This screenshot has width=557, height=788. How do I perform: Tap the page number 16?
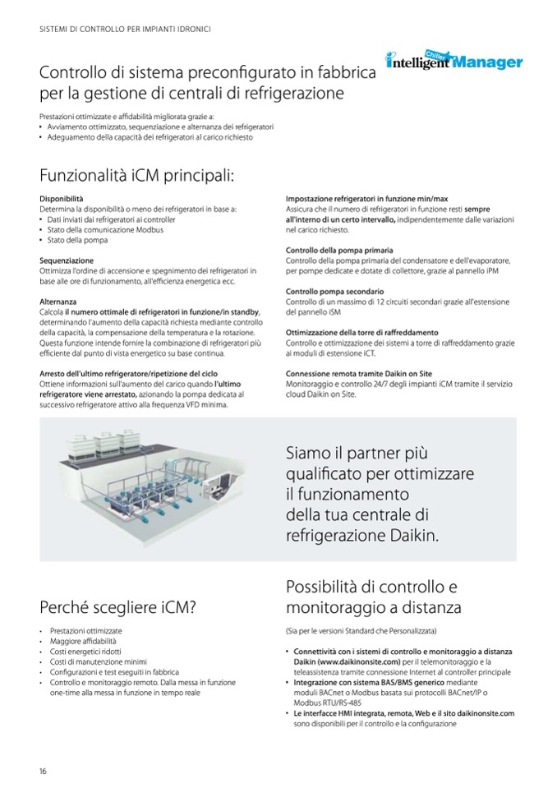tap(43, 770)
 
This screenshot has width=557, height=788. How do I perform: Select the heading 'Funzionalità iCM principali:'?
tap(137, 176)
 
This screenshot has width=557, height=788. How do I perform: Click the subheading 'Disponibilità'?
tap(61, 199)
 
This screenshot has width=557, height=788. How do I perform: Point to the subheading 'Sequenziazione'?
tap(66, 260)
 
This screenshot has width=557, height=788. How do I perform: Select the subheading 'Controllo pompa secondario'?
tap(334, 291)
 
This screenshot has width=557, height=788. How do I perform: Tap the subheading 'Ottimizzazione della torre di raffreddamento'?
tap(361, 332)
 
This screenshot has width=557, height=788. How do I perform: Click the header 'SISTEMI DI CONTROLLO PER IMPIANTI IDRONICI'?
tap(125, 29)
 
